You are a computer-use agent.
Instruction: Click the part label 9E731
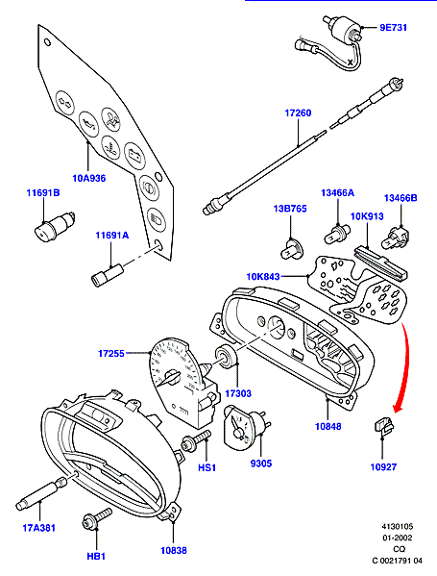[393, 28]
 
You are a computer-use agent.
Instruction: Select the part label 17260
[298, 113]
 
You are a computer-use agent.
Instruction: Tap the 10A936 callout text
[88, 179]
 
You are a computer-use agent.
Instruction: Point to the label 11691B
[43, 192]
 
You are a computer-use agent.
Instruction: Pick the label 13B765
[290, 209]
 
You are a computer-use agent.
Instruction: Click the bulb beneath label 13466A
[337, 234]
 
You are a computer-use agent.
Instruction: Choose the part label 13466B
[401, 198]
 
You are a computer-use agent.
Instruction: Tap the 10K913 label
[367, 216]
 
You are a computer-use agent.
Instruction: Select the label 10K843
[263, 276]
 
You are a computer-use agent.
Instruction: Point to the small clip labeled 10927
[384, 425]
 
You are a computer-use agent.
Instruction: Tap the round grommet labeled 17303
[226, 357]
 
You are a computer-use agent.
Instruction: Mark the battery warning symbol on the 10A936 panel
[134, 156]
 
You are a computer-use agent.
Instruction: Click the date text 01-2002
[398, 538]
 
